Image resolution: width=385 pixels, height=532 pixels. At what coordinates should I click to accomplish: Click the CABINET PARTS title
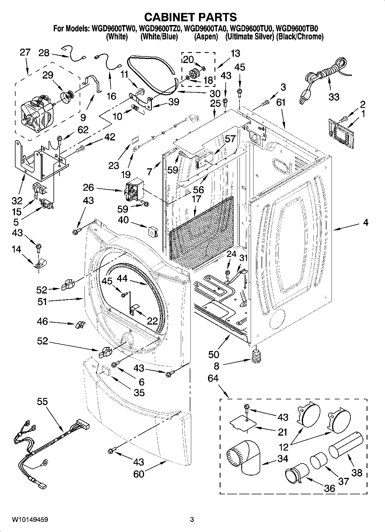point(190,17)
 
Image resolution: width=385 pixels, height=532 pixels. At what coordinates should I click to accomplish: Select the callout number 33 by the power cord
point(334,97)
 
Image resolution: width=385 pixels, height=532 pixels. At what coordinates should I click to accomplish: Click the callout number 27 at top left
point(25,52)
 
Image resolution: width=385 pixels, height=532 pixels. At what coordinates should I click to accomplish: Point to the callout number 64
point(213,378)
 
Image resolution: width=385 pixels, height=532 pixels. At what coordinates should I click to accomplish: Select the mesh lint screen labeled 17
point(201,233)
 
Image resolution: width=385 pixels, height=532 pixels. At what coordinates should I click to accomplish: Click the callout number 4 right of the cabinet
point(365,222)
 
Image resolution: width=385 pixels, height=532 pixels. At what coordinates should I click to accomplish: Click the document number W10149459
point(30,520)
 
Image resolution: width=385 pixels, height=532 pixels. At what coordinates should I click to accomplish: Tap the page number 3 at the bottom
point(192,520)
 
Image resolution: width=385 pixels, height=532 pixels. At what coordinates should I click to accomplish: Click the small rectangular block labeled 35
point(105,370)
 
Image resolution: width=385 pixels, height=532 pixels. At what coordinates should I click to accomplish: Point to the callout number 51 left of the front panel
point(42,302)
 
